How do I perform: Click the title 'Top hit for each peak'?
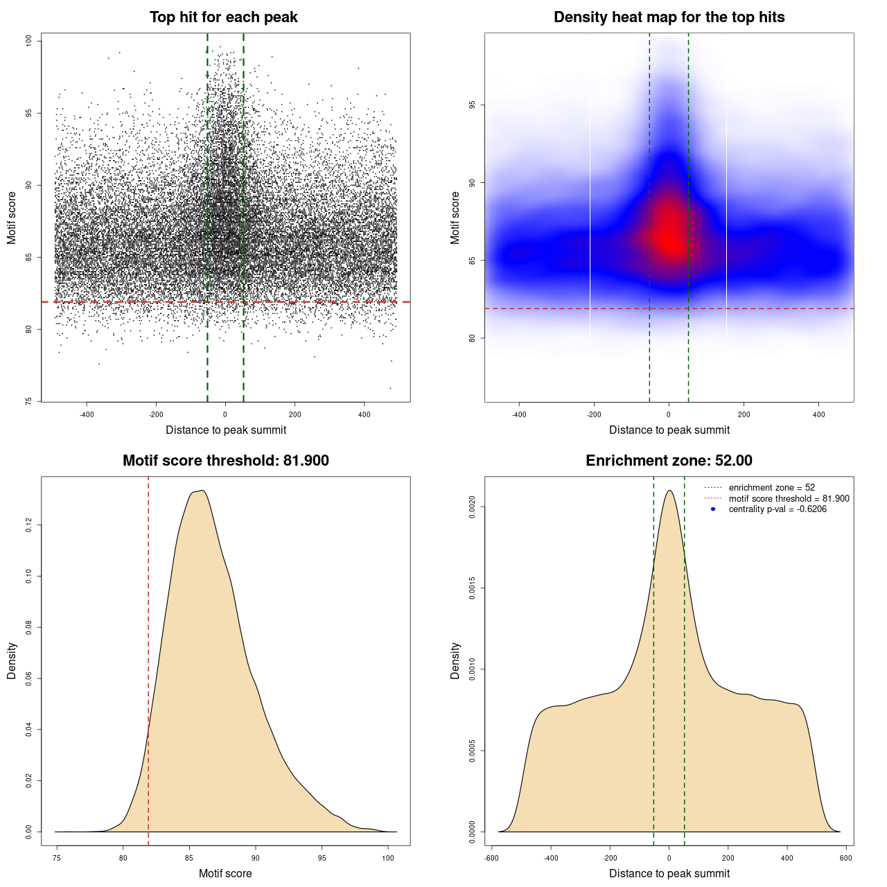223,17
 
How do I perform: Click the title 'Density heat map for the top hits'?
669,17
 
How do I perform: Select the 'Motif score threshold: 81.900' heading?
225,461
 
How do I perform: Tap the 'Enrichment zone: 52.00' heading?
669,461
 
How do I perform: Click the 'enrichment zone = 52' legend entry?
771,488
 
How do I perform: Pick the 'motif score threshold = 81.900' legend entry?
789,498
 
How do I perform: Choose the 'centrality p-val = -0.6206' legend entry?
778,509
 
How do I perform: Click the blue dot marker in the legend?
713,509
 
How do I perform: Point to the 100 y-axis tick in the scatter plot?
29,41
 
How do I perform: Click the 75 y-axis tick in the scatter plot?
29,401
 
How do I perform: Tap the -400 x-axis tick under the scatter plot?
87,415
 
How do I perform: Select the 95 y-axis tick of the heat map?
472,105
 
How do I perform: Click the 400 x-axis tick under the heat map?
818,415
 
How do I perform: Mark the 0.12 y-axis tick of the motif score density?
29,526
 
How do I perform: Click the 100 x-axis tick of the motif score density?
388,858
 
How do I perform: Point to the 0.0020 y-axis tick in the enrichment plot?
472,507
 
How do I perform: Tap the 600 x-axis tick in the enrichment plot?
845,858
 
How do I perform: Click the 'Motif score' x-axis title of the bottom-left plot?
225,873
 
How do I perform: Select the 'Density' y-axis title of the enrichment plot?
455,660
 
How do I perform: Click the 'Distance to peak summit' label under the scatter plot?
226,430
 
